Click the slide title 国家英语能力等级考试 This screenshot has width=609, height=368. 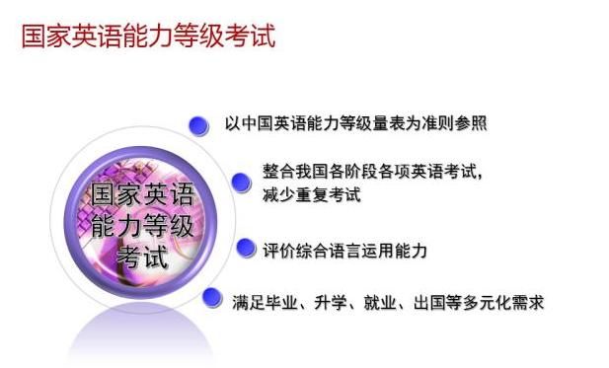[148, 37]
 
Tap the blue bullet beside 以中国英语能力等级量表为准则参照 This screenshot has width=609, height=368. [199, 124]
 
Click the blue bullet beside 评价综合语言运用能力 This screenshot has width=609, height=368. [245, 249]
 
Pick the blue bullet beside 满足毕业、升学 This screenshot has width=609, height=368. [211, 297]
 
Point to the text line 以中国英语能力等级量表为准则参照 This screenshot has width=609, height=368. [355, 124]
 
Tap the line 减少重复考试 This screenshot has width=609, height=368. [312, 193]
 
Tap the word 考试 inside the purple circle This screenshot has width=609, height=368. [142, 258]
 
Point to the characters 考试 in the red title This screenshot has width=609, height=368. [250, 37]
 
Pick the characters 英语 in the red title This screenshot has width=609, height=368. [97, 37]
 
